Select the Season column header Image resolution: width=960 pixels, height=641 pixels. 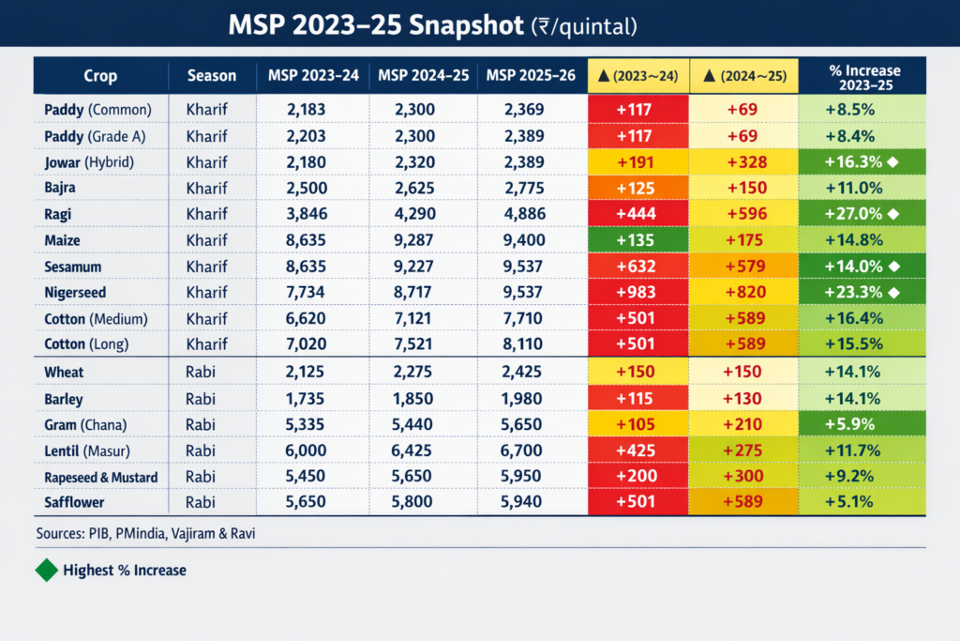[x=212, y=76]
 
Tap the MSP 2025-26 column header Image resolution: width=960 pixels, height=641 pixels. [x=532, y=76]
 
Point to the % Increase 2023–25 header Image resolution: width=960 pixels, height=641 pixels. [x=863, y=76]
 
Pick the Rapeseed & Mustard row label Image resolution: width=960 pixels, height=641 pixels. [x=100, y=478]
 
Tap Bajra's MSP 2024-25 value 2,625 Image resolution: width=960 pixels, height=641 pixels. [x=421, y=189]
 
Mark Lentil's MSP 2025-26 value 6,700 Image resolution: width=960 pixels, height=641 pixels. [x=530, y=451]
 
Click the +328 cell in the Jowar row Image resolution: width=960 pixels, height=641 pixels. [x=742, y=162]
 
